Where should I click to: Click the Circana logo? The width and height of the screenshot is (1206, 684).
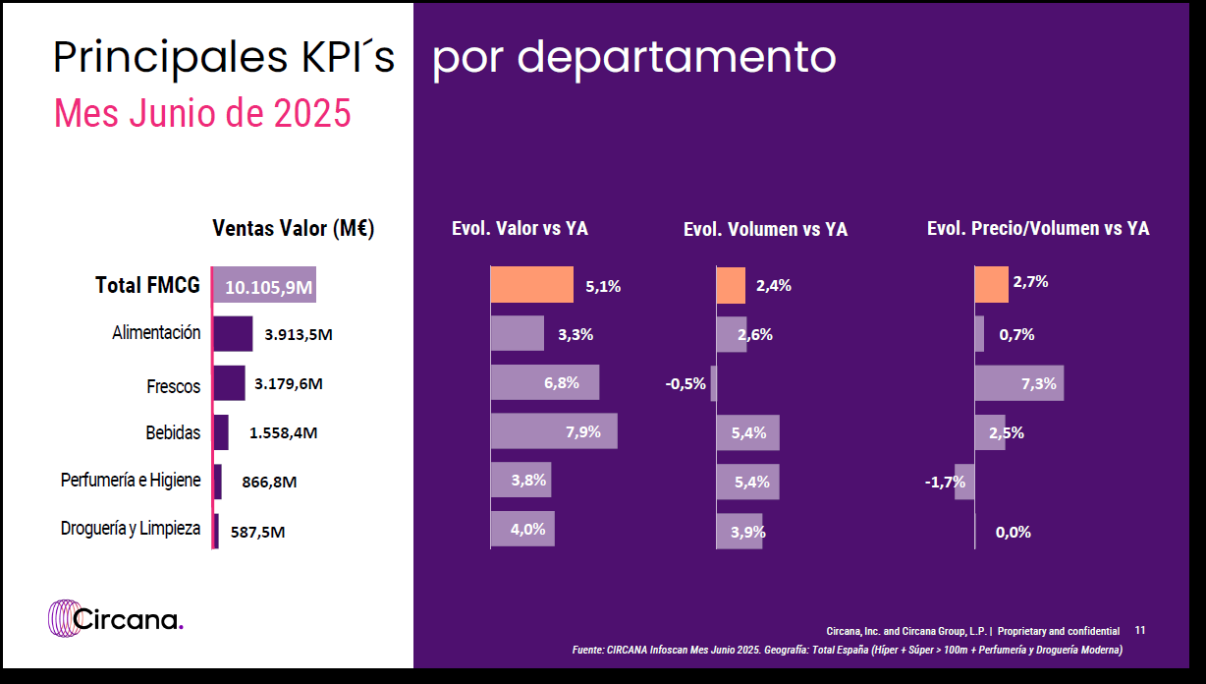point(115,619)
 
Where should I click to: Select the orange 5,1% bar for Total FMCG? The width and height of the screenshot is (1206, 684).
point(531,285)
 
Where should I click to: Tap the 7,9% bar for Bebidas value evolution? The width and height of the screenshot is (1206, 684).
point(554,431)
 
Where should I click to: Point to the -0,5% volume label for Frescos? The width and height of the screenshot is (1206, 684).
point(685,383)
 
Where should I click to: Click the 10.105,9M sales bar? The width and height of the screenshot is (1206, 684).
point(264,286)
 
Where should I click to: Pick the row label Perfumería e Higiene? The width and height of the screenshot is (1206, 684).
point(131,481)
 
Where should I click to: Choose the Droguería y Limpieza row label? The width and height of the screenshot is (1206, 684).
point(131,529)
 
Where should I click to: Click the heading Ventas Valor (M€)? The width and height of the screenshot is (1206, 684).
point(294,228)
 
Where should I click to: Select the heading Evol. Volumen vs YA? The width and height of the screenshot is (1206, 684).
point(765,229)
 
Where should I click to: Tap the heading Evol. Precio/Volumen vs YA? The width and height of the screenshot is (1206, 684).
point(1038,228)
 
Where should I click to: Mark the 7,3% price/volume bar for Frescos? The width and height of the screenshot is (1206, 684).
point(1018,383)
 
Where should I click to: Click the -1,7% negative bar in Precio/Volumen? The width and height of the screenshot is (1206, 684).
point(964,482)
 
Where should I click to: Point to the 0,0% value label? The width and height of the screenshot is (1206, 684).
point(1013,532)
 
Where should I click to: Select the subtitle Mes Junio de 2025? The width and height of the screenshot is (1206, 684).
point(202,114)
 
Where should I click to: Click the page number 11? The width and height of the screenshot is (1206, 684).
point(1140,630)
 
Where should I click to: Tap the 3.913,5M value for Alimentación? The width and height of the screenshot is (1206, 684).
point(299,334)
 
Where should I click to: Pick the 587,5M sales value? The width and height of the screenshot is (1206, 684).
point(258,532)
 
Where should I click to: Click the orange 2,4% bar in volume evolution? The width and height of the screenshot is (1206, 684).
point(731,285)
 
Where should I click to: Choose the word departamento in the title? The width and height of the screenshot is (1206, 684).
point(677,59)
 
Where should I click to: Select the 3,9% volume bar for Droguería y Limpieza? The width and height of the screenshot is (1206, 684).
point(740,531)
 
